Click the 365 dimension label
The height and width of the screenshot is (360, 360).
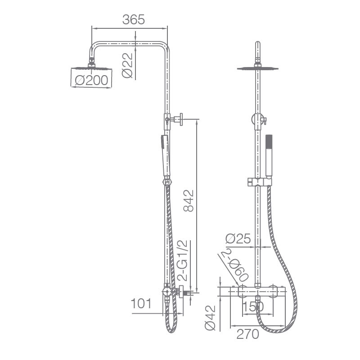pyautogui.click(x=133, y=19)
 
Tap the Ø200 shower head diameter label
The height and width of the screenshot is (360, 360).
pyautogui.click(x=91, y=80)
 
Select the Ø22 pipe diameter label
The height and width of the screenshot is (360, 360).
pyautogui.click(x=128, y=65)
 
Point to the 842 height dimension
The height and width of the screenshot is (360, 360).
pyautogui.click(x=189, y=200)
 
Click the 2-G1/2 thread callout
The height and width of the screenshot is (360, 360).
pyautogui.click(x=183, y=261)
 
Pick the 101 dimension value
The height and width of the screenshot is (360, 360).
pyautogui.click(x=141, y=304)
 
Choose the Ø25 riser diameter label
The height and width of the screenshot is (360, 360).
pyautogui.click(x=238, y=239)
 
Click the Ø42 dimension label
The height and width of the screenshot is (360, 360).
pyautogui.click(x=210, y=318)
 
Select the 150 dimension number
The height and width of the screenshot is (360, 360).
pyautogui.click(x=253, y=306)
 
